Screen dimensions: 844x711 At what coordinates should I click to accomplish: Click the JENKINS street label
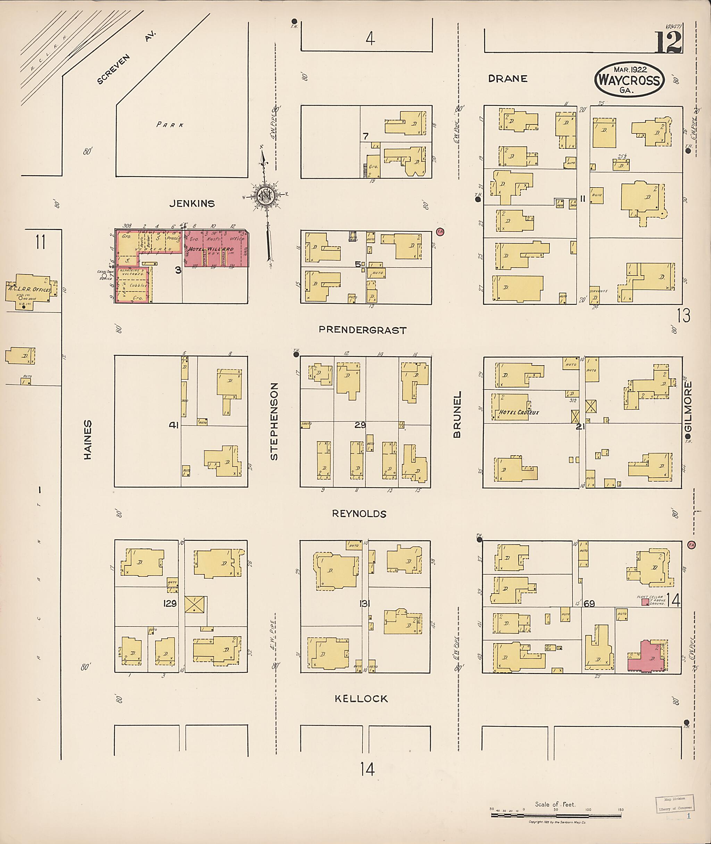pyautogui.click(x=192, y=204)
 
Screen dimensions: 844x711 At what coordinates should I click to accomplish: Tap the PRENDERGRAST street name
pyautogui.click(x=362, y=330)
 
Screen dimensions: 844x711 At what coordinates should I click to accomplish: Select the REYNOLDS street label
pyautogui.click(x=359, y=514)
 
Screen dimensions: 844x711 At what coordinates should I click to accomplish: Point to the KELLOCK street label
pyautogui.click(x=361, y=699)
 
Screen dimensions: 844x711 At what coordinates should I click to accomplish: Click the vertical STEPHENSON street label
pyautogui.click(x=275, y=421)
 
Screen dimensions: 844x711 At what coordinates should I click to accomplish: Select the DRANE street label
pyautogui.click(x=508, y=79)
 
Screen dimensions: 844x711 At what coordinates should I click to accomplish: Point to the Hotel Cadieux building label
pyautogui.click(x=518, y=412)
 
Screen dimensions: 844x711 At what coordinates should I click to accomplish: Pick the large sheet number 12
pyautogui.click(x=668, y=42)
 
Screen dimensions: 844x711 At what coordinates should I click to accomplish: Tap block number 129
pyautogui.click(x=170, y=604)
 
